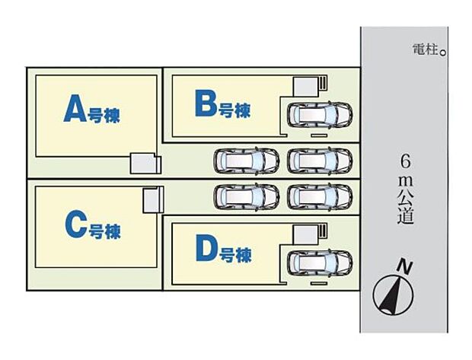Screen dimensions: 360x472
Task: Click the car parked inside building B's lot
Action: [321, 115]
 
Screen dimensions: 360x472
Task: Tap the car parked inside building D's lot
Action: [321, 263]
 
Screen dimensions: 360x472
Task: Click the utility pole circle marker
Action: [443, 52]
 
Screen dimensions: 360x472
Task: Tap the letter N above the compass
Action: [407, 266]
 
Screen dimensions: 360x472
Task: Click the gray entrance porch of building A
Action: [144, 164]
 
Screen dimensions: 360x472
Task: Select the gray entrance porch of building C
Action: [153, 200]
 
